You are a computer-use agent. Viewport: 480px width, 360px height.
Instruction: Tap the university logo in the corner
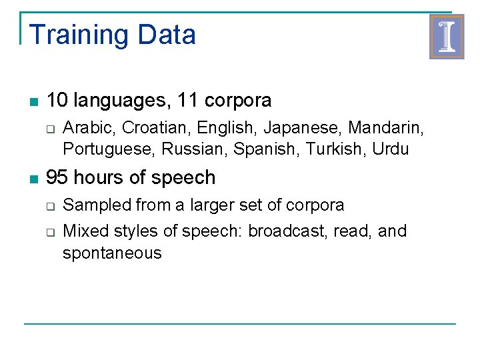[x=446, y=37]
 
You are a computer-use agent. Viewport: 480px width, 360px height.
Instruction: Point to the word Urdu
[x=391, y=149]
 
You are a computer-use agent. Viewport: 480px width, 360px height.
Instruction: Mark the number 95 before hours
[x=57, y=177]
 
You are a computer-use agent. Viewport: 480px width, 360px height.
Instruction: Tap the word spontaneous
[x=112, y=253]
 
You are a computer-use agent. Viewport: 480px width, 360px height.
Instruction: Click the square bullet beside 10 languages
[x=33, y=102]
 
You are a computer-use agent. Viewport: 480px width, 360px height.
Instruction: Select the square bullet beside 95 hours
[x=33, y=179]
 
